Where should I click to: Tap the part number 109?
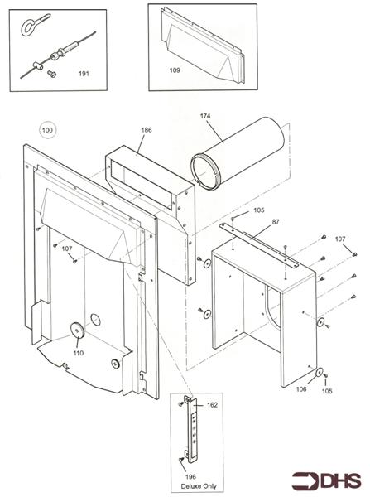(x=175, y=70)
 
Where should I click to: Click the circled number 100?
(x=47, y=130)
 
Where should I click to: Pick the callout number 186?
(x=147, y=130)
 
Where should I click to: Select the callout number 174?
(x=206, y=117)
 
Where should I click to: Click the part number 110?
(x=79, y=353)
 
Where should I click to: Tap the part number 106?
(x=301, y=388)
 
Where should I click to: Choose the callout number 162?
(x=212, y=405)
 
